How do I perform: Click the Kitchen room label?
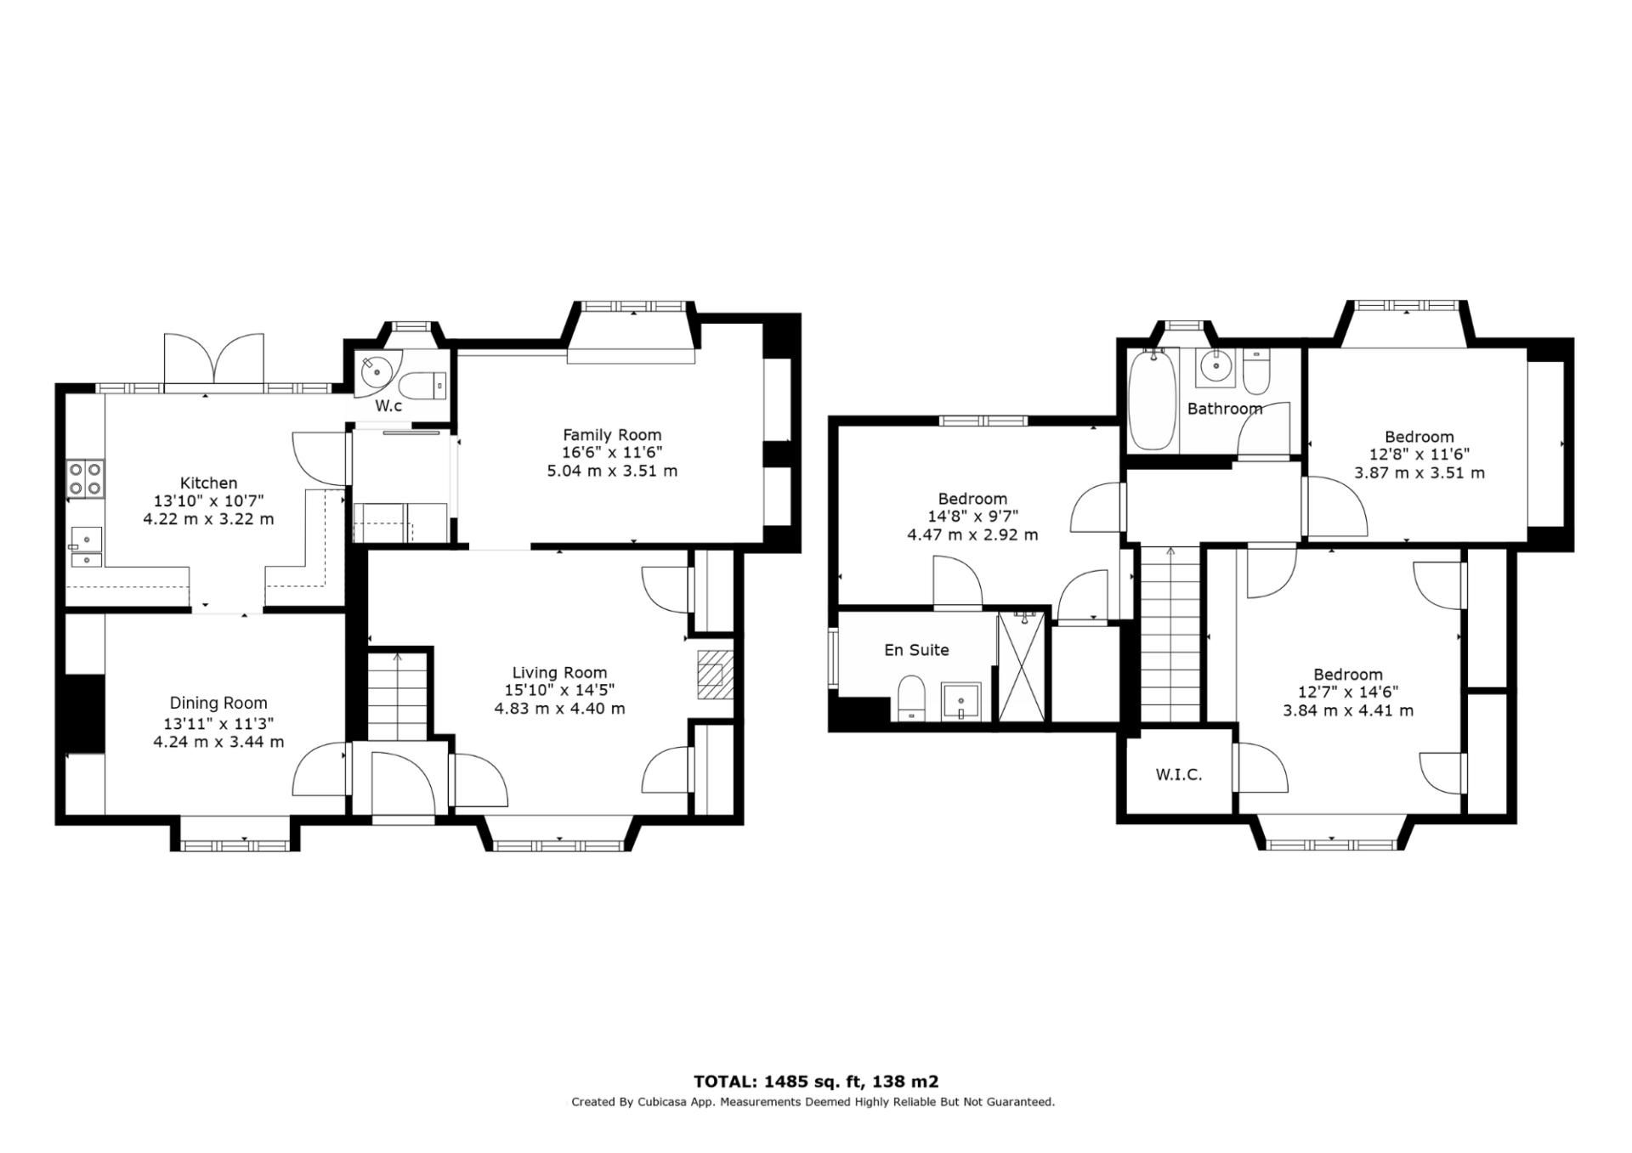click(x=208, y=483)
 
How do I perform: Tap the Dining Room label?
click(x=218, y=704)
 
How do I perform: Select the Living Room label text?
click(x=559, y=673)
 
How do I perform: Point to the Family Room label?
click(x=612, y=435)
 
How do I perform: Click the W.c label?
click(x=388, y=406)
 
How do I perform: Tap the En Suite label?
click(x=916, y=650)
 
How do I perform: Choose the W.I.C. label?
click(x=1179, y=775)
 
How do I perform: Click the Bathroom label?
click(x=1225, y=409)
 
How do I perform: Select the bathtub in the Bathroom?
click(x=1152, y=399)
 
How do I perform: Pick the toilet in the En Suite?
click(x=911, y=698)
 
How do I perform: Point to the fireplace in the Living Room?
click(x=714, y=675)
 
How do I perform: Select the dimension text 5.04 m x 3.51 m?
click(x=612, y=471)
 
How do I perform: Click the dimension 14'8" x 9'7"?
click(x=972, y=517)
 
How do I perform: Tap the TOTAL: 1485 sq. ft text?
click(x=779, y=1082)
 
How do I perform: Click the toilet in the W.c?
click(x=422, y=387)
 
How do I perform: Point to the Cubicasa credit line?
click(x=813, y=1102)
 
